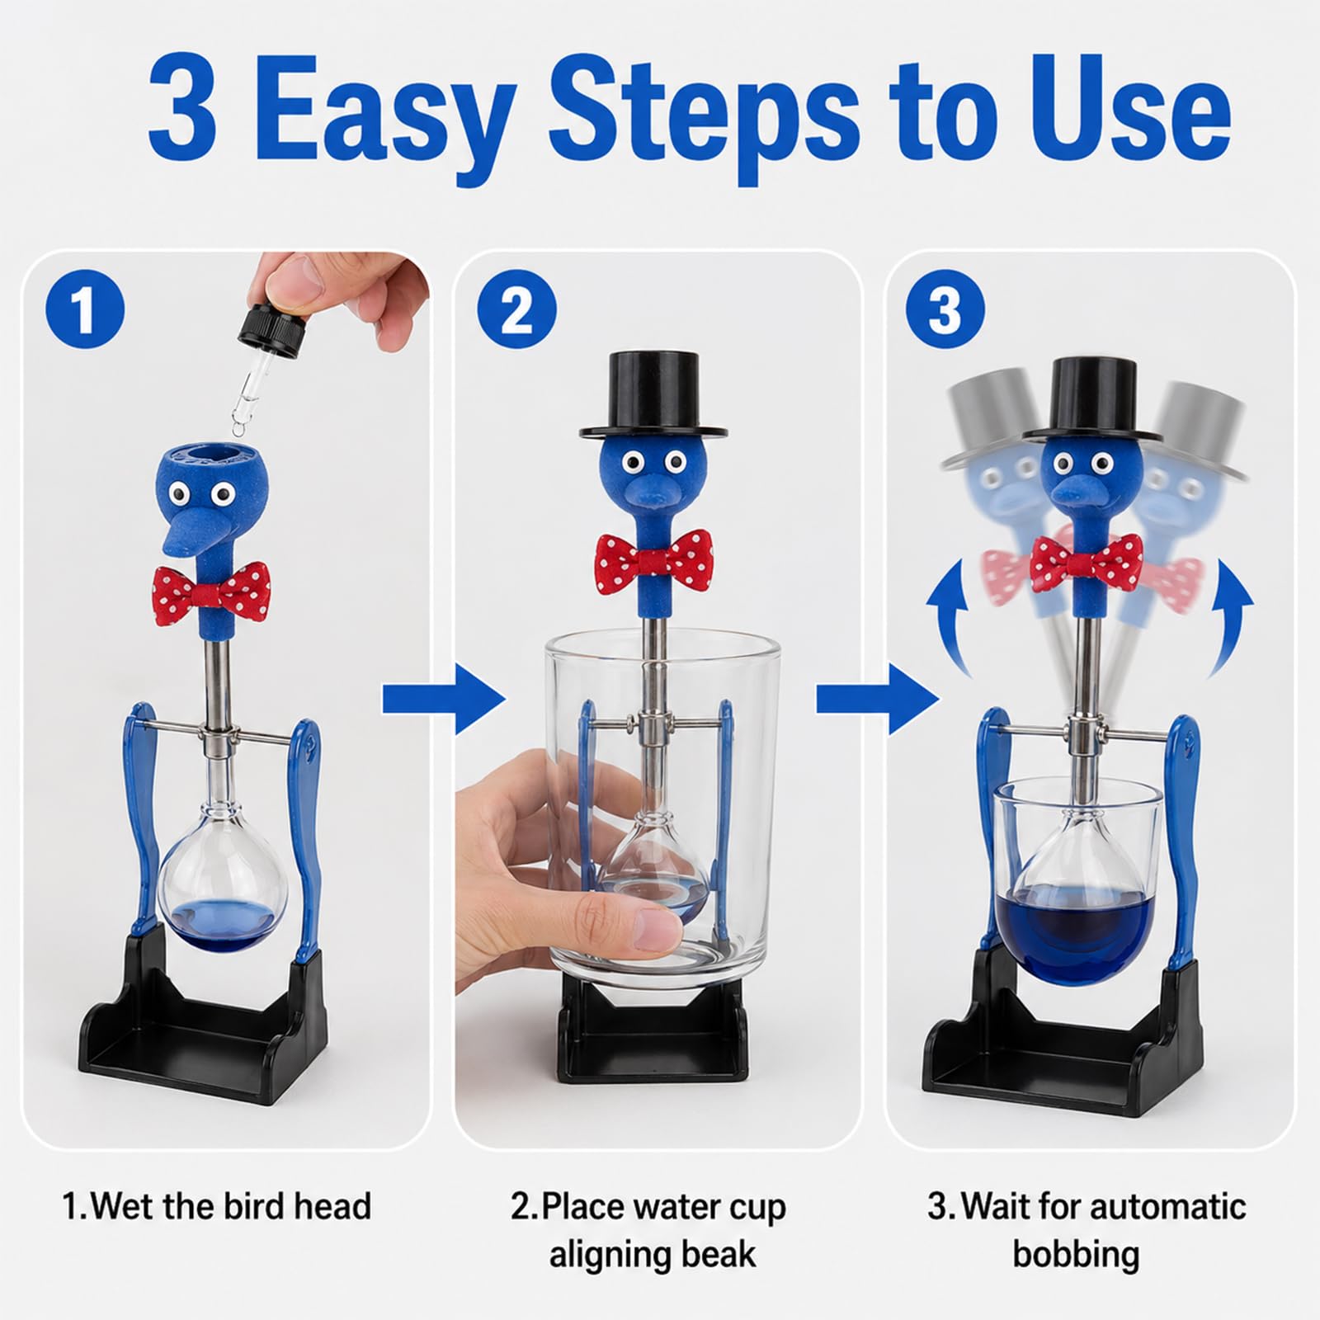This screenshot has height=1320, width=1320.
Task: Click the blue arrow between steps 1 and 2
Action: (443, 700)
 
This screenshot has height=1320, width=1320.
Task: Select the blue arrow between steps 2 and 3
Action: (878, 700)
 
